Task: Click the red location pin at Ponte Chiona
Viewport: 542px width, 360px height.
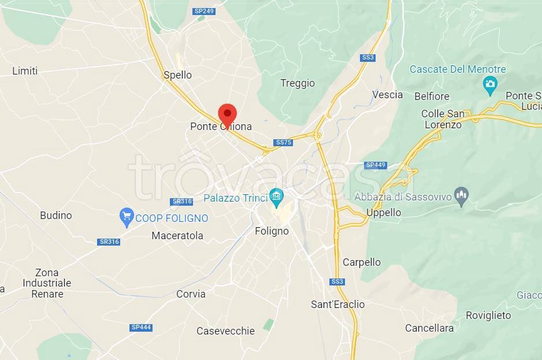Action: click(227, 113)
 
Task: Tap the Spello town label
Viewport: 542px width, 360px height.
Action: click(177, 75)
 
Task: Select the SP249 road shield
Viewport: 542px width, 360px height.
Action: click(203, 11)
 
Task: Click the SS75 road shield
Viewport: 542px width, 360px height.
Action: click(283, 142)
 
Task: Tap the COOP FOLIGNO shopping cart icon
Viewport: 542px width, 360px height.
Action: click(126, 217)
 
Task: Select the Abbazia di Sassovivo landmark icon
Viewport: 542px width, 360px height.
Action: click(461, 195)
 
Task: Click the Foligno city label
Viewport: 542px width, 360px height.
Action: click(272, 231)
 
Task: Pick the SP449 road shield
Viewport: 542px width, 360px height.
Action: click(375, 165)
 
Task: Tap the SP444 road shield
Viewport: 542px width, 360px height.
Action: click(141, 328)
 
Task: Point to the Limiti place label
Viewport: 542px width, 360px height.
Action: click(25, 71)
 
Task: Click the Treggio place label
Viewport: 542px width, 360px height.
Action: click(298, 83)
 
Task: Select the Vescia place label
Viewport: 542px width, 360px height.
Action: click(387, 95)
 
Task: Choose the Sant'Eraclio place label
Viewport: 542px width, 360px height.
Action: click(338, 305)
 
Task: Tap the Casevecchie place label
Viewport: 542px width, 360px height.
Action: click(225, 331)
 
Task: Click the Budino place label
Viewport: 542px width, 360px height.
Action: click(56, 216)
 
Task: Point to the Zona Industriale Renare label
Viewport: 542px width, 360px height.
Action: click(47, 283)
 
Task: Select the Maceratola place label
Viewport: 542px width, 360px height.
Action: click(177, 236)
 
